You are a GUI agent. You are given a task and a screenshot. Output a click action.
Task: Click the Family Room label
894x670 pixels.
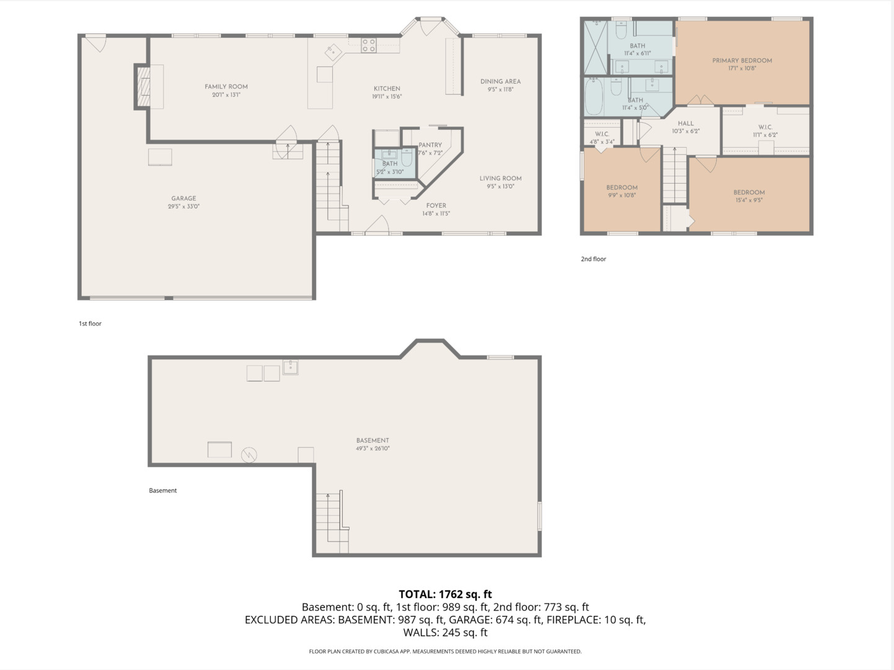click(x=226, y=87)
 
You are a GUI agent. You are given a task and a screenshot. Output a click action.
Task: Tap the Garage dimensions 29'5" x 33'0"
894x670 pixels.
click(x=184, y=207)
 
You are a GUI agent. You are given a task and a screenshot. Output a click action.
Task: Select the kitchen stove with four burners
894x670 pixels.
click(x=369, y=45)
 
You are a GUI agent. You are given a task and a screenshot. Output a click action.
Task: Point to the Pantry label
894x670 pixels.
click(x=430, y=145)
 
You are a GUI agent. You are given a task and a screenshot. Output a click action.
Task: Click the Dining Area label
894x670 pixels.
click(x=500, y=81)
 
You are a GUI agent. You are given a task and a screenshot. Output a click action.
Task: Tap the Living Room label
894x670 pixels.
click(x=500, y=178)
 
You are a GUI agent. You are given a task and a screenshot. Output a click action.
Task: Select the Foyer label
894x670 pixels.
click(x=436, y=205)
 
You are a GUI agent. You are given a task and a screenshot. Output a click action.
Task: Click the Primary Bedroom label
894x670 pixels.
click(x=742, y=61)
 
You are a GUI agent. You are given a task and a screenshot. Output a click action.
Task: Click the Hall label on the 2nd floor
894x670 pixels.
click(x=686, y=123)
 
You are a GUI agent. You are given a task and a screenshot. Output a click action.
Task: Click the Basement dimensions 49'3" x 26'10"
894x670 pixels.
click(x=373, y=449)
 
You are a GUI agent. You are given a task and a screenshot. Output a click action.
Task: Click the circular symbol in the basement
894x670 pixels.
click(x=249, y=455)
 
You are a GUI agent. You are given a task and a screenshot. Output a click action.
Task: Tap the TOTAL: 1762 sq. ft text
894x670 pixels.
click(x=445, y=594)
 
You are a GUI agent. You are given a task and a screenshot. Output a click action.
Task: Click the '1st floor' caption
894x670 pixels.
click(x=90, y=324)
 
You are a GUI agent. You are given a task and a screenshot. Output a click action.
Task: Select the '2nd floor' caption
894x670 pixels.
click(x=593, y=259)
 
